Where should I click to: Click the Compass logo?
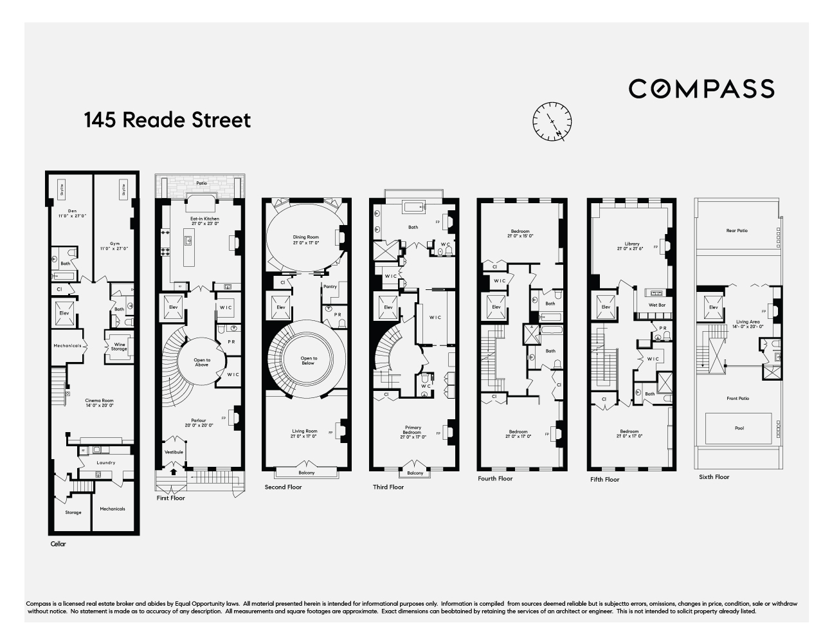[701, 88]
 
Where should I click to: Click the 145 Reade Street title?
[167, 120]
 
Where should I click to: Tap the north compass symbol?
[552, 120]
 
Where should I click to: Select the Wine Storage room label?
[119, 347]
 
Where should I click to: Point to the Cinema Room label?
[99, 403]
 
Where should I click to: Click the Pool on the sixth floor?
[739, 428]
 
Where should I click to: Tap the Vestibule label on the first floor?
[174, 452]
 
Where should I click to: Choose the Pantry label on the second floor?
[330, 287]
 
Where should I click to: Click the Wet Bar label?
[656, 305]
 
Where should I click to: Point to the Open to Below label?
[309, 360]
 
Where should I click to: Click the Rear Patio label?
[737, 230]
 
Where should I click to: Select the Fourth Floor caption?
[495, 478]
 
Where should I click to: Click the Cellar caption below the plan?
[58, 544]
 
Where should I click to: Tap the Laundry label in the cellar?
[105, 462]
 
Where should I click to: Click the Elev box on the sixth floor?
[714, 308]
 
